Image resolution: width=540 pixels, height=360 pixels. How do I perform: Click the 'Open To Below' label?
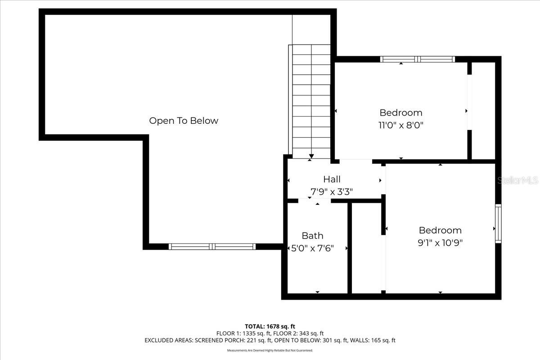tap(184, 121)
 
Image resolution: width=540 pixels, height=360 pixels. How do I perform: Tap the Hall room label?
tap(332, 180)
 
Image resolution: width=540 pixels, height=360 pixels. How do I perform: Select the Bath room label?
tap(312, 235)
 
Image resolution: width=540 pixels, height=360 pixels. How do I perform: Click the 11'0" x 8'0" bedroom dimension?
tap(401, 125)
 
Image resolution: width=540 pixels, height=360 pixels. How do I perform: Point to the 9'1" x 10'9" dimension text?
tap(440, 243)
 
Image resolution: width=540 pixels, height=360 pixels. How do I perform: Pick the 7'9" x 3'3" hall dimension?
tap(332, 192)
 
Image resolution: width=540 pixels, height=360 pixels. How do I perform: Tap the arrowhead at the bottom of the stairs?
tap(311, 156)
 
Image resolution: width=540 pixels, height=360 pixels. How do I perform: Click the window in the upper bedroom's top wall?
tap(418, 59)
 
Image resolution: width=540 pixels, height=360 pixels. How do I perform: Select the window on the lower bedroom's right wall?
tap(498, 224)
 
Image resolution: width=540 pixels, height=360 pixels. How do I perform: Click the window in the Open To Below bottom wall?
tap(212, 247)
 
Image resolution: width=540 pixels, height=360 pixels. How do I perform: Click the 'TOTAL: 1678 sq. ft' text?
tap(270, 326)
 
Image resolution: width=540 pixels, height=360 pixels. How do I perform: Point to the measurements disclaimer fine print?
tap(270, 350)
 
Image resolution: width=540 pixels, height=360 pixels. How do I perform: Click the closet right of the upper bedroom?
tap(483, 111)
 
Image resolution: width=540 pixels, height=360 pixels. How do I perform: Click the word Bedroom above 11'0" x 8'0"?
tap(401, 112)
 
